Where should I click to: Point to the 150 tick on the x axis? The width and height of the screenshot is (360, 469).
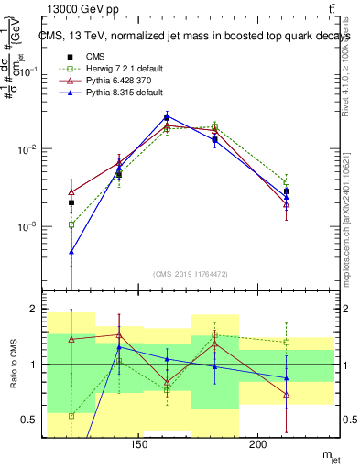tap(138, 445)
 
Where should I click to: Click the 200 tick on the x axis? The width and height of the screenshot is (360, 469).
tap(258, 445)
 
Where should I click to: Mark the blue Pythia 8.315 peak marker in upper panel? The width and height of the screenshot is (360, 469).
tap(167, 117)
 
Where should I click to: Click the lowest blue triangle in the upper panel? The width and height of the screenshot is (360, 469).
tap(71, 251)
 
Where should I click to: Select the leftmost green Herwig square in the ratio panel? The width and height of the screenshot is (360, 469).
tap(71, 416)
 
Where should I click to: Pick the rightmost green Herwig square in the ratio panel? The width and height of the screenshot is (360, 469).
tap(287, 343)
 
